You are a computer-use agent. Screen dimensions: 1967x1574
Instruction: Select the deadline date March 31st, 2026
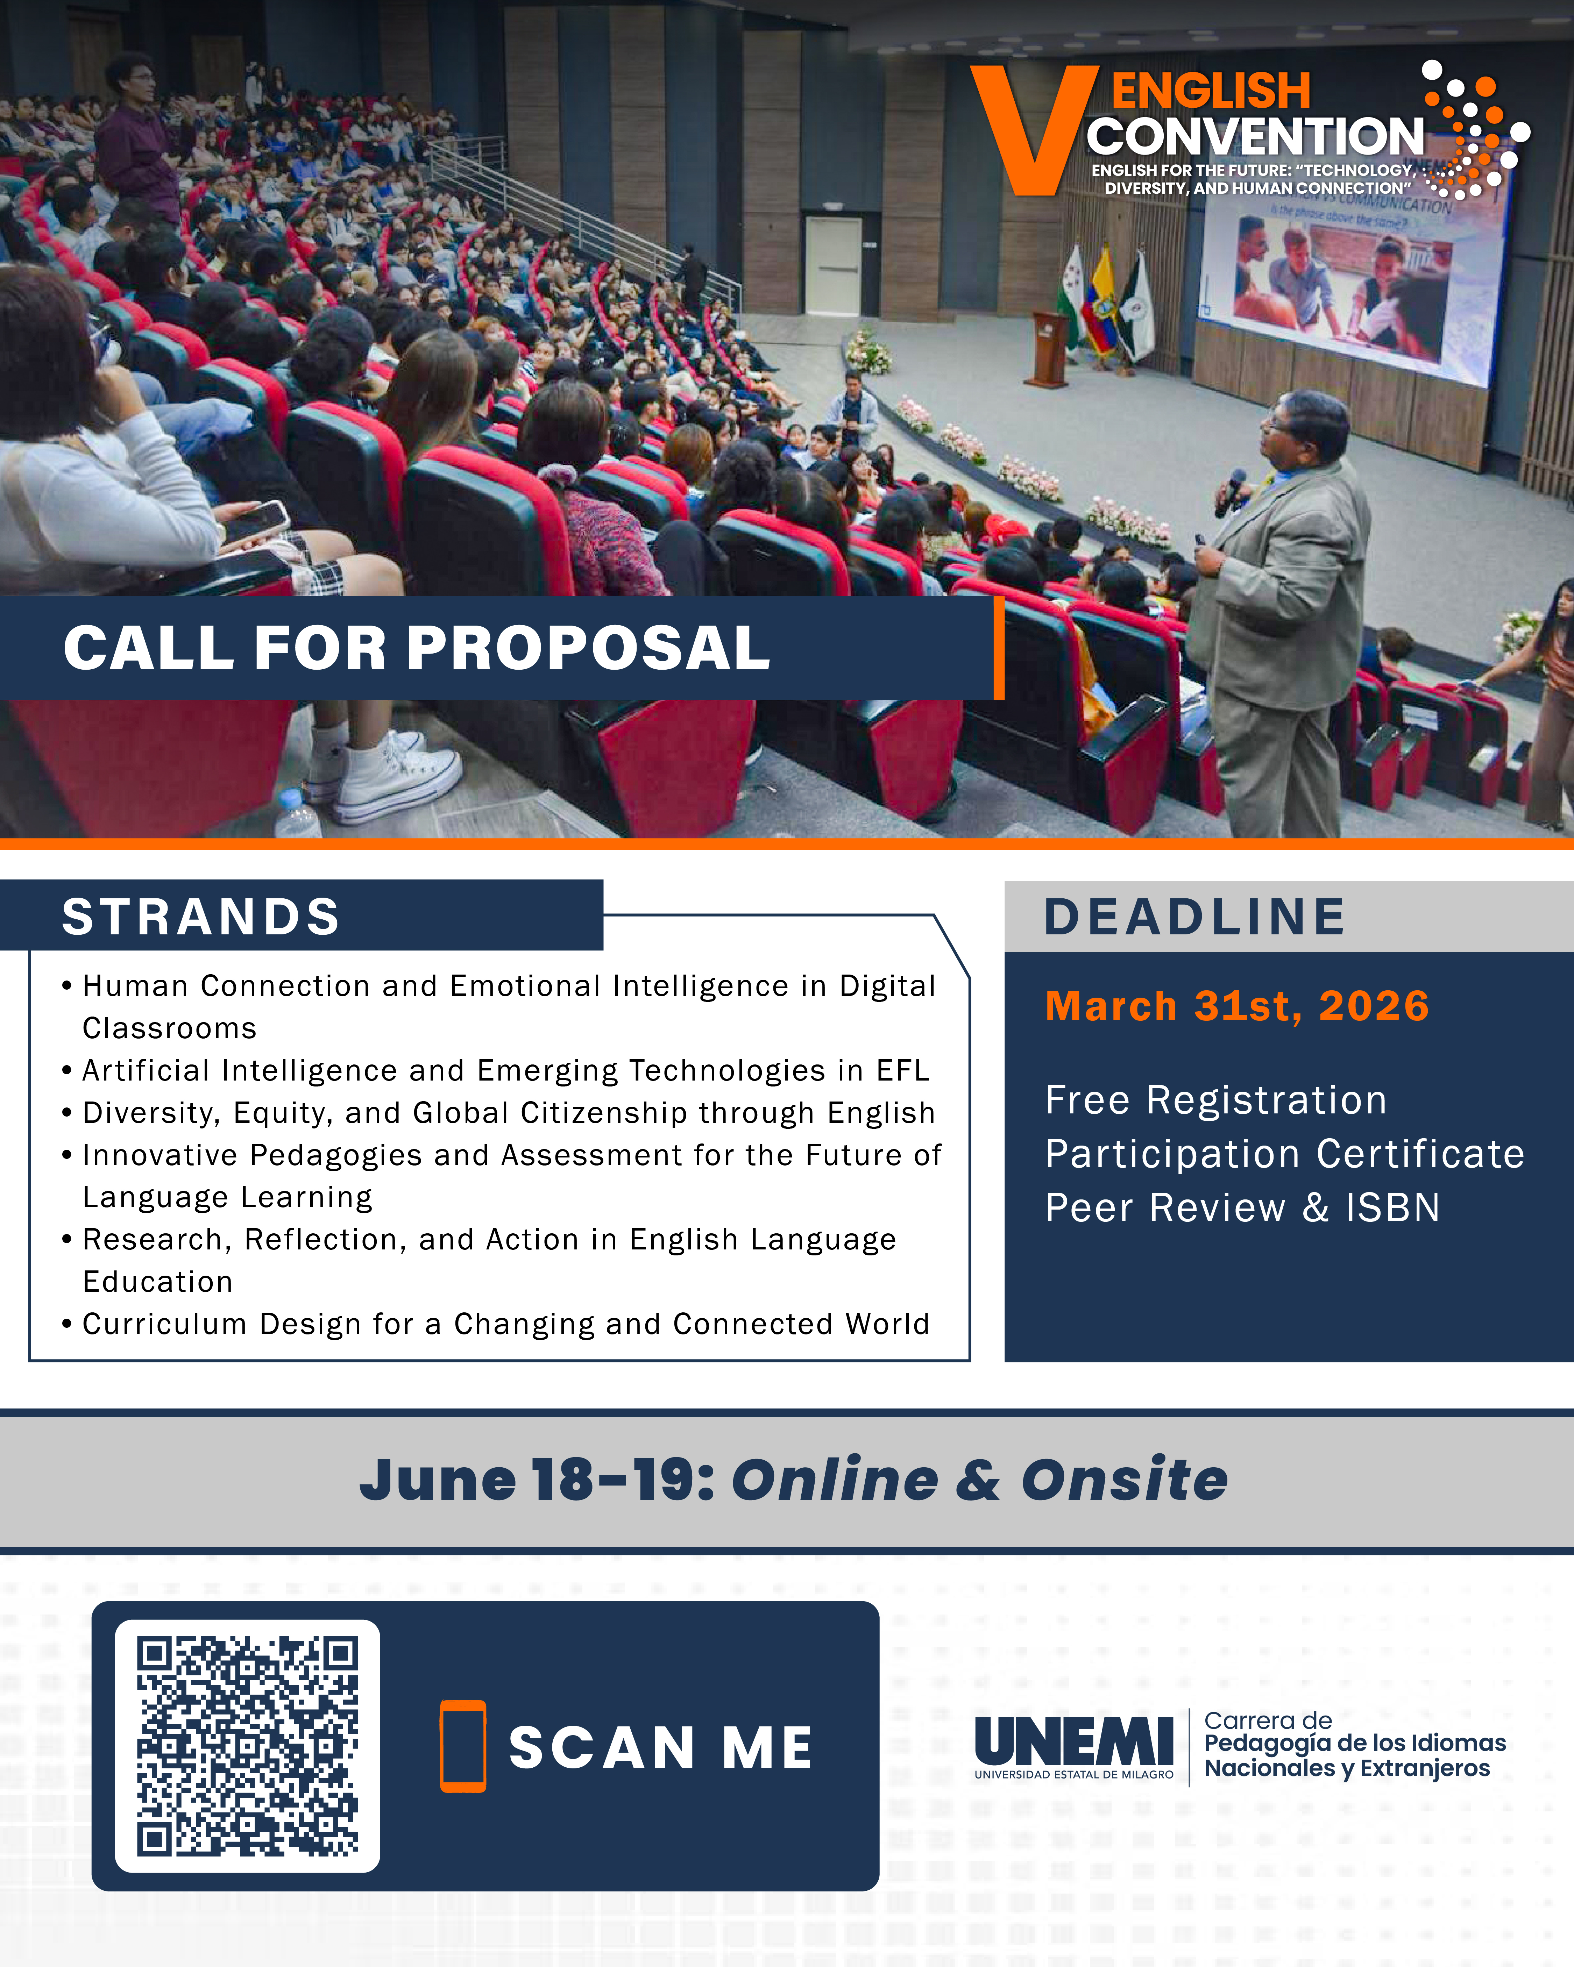coord(1236,1006)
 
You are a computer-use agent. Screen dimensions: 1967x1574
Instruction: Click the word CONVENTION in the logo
coord(1255,137)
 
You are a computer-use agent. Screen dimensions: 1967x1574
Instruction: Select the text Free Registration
coord(1215,1100)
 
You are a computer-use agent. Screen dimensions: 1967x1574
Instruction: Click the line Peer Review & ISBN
coord(1242,1208)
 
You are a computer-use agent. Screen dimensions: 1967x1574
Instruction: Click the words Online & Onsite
coord(979,1479)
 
